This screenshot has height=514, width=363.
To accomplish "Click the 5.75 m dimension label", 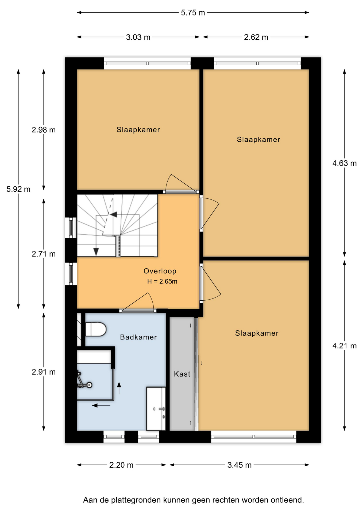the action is point(193,13).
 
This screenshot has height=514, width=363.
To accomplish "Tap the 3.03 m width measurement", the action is point(138,37).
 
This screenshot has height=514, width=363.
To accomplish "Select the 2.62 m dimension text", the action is point(256,37).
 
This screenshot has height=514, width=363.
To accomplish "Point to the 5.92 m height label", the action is point(18,189).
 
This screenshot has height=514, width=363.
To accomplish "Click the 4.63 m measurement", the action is point(345,163).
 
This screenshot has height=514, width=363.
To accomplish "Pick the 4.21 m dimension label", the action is point(345,346).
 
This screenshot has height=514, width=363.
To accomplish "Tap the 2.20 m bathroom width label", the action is point(121,465).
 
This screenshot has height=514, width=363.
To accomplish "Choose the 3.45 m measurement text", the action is point(240,465).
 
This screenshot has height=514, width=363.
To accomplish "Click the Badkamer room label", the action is point(138,337).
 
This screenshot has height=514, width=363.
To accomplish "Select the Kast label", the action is point(182,374).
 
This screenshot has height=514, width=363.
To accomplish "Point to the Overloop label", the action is point(160,271).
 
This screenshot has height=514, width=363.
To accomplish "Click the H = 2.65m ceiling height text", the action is point(162,281).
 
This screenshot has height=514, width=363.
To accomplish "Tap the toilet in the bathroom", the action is point(96,329).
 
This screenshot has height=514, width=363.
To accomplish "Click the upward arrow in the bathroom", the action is point(119,388).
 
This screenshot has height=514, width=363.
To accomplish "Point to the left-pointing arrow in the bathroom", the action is point(101,406).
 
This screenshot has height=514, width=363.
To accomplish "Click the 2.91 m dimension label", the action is point(44,372).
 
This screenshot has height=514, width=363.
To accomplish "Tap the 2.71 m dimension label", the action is point(44,254).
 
